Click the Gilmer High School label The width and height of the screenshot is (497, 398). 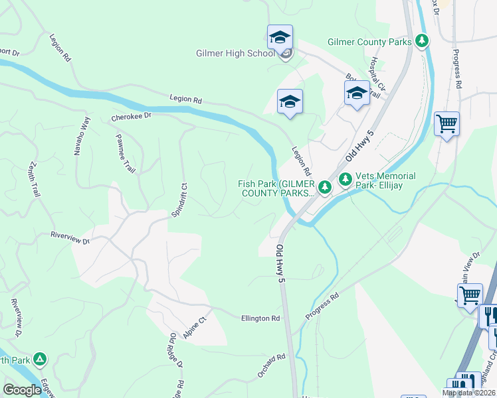(235, 54)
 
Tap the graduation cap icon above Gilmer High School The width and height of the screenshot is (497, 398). (280, 37)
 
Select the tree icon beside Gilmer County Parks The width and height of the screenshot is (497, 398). (421, 41)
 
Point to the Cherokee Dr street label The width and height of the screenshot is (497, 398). (132, 117)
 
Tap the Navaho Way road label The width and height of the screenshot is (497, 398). (82, 136)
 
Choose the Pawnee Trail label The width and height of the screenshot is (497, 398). (126, 157)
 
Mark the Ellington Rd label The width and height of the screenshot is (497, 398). (260, 318)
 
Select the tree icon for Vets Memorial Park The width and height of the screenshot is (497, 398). (345, 179)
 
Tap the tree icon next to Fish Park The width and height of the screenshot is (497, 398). (324, 188)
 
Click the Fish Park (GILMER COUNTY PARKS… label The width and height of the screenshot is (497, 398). (277, 188)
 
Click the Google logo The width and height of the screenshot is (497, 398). (22, 389)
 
